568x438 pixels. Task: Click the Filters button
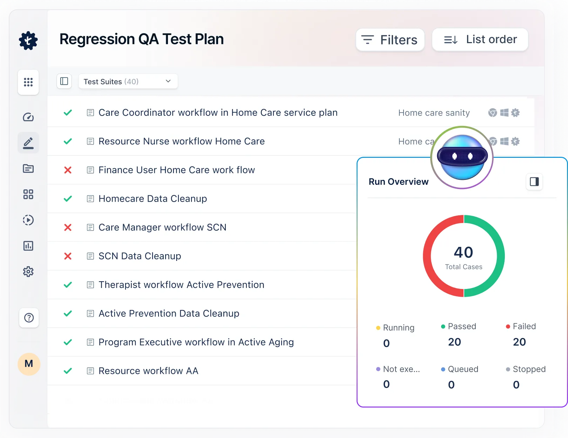point(390,40)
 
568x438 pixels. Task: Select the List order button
point(480,40)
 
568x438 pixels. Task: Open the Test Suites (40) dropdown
point(128,81)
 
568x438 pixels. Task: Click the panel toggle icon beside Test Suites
point(64,81)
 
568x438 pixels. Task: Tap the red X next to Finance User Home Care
point(68,170)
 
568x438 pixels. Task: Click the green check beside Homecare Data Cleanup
point(68,199)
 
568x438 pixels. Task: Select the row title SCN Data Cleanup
point(140,256)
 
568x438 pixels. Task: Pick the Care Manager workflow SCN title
point(162,227)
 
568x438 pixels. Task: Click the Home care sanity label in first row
point(434,113)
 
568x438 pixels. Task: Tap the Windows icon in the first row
point(504,113)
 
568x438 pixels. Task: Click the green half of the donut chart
point(500,256)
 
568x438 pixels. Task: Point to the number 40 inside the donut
point(463,252)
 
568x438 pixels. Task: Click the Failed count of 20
point(519,342)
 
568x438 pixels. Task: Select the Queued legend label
point(463,369)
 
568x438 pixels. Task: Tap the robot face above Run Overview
point(462,157)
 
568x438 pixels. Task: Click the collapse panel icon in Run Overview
point(534,182)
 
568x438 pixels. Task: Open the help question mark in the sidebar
point(29,318)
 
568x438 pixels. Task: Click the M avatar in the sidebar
point(29,364)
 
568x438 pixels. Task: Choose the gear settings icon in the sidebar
point(28,272)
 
